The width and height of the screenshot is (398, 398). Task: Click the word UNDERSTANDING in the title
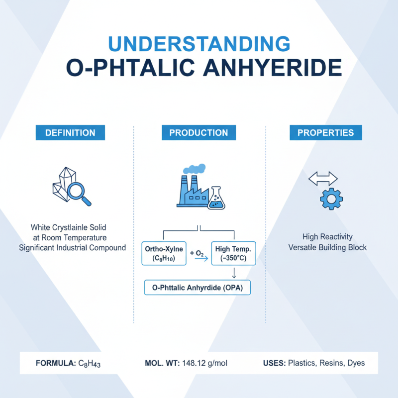(x=199, y=44)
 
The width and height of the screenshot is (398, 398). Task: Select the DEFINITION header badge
(x=70, y=133)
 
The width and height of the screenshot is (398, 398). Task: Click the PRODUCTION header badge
(x=199, y=133)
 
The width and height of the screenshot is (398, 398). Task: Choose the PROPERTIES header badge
(x=326, y=133)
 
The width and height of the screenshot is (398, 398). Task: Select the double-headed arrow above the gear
(x=323, y=179)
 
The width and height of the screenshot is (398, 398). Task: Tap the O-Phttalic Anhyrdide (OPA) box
(x=198, y=288)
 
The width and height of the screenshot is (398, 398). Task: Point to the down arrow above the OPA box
(x=233, y=273)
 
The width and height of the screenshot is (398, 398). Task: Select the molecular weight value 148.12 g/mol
(x=204, y=363)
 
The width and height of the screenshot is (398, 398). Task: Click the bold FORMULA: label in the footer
(x=56, y=363)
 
